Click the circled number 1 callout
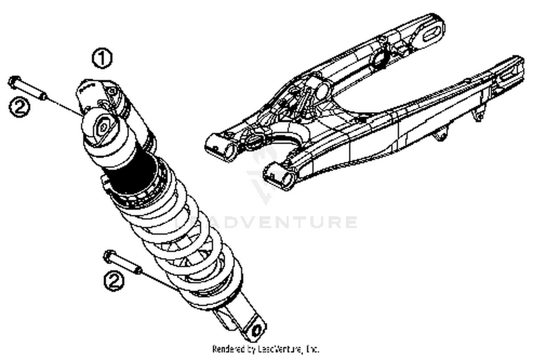102,59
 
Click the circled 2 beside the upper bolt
19,106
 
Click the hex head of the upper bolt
14,82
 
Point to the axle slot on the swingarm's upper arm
431,34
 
